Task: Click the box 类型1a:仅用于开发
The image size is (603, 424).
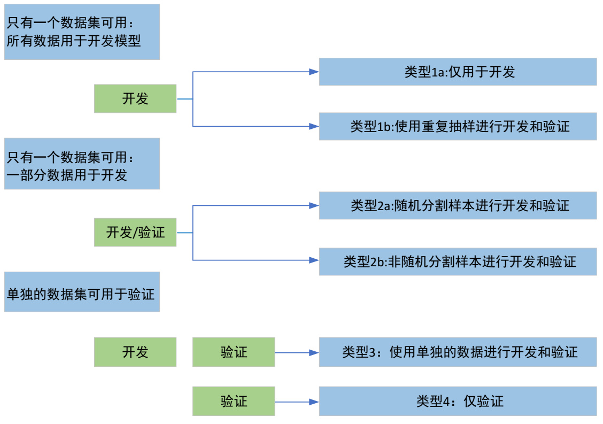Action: pos(458,72)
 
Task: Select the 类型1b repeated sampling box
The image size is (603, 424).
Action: pos(458,126)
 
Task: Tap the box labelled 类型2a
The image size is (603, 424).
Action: pos(458,205)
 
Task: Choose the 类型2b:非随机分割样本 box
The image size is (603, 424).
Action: pos(458,261)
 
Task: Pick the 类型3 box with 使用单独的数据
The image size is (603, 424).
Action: pos(458,352)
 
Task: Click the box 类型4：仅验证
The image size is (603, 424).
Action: pos(458,401)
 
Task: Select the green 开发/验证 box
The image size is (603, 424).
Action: pos(135,233)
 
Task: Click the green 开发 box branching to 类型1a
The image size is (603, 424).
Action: pos(135,98)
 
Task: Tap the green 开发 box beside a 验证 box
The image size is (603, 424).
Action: pos(135,352)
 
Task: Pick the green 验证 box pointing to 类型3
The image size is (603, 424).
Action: pos(234,352)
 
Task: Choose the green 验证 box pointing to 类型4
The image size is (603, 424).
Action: pos(234,401)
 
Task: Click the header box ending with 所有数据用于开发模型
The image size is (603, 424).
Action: pos(82,32)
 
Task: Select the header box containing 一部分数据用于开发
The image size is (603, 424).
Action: pos(82,164)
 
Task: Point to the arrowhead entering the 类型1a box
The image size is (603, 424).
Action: pos(314,72)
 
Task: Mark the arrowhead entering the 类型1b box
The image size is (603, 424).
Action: pos(314,126)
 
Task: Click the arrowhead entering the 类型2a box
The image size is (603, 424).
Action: pos(314,205)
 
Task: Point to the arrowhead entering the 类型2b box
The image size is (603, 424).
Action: pos(314,260)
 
